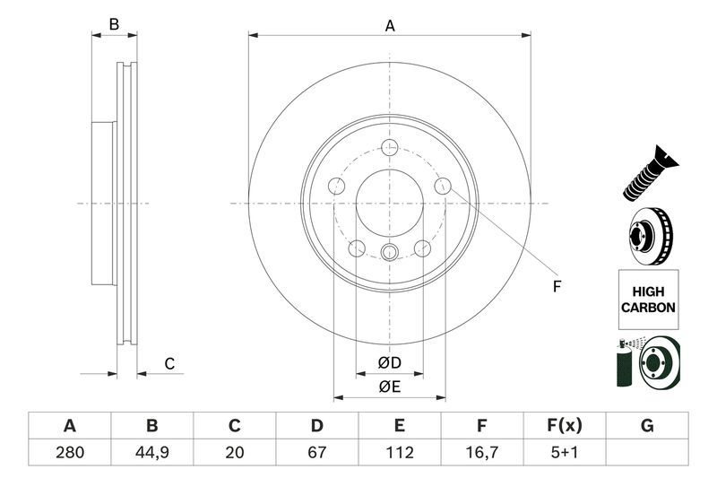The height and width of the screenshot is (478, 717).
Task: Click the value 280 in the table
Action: pyautogui.click(x=69, y=453)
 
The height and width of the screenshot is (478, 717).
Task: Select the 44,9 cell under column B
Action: pyautogui.click(x=151, y=453)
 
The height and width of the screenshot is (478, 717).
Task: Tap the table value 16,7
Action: pyautogui.click(x=481, y=453)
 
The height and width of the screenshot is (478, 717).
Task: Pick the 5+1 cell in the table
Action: pyautogui.click(x=564, y=453)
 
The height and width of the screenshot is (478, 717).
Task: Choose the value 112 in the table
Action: pyautogui.click(x=399, y=453)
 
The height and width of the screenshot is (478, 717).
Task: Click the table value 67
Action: pyautogui.click(x=316, y=453)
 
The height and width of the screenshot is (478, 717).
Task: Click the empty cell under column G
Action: pyautogui.click(x=646, y=453)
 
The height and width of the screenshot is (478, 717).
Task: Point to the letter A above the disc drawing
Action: pyautogui.click(x=390, y=26)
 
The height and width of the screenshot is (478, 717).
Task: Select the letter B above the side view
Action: pyautogui.click(x=114, y=25)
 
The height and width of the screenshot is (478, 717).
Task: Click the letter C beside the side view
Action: pyautogui.click(x=168, y=363)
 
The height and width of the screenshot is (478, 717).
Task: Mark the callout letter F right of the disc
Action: pyautogui.click(x=556, y=287)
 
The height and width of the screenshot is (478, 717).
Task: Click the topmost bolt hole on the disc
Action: pyautogui.click(x=389, y=149)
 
